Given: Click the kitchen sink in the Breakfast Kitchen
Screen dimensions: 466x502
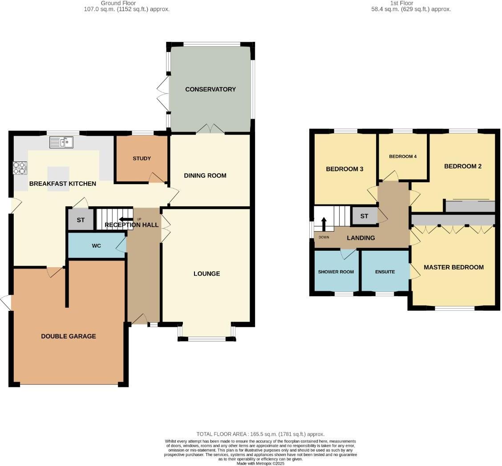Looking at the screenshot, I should coord(61,142).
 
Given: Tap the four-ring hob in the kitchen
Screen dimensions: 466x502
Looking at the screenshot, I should coord(20,168).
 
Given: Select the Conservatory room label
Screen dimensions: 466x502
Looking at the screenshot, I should coord(211,89).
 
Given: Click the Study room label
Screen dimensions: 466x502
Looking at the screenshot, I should coord(142,158).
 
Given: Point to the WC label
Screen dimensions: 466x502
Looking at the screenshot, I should coord(97,245).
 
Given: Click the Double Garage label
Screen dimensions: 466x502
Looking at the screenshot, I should coord(69,336).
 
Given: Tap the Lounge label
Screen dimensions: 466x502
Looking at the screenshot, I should coord(206,273).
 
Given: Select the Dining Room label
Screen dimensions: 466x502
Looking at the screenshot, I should coord(205,176).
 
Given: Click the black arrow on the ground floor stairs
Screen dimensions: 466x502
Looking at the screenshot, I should coord(125,219).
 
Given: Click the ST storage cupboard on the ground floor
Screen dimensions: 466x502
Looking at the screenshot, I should coord(81,220).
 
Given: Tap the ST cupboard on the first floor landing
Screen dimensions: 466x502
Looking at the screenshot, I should coord(364,216).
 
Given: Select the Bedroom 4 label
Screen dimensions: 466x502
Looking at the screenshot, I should coord(402,157).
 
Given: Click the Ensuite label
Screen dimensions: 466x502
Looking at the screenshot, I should coord(385,272).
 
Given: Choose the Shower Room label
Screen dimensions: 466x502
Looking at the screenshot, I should coord(336,272).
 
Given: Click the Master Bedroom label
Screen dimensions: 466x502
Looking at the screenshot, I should coord(453,267).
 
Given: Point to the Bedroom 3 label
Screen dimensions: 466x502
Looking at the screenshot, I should coord(344,169).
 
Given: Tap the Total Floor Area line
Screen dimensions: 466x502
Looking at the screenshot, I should coord(260,434).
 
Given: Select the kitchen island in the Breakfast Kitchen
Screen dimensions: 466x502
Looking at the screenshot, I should coord(58,179).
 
